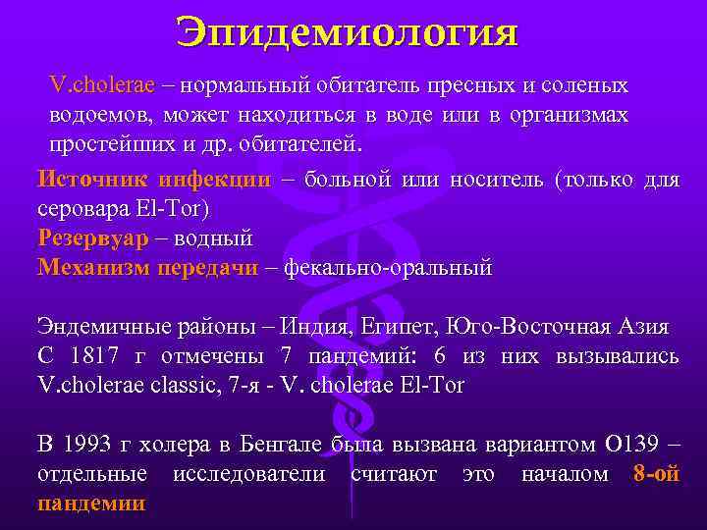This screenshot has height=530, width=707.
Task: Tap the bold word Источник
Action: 84,180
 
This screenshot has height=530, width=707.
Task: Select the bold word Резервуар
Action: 92,238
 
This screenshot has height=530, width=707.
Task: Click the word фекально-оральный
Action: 388,267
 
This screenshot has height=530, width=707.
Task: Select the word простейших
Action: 100,143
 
